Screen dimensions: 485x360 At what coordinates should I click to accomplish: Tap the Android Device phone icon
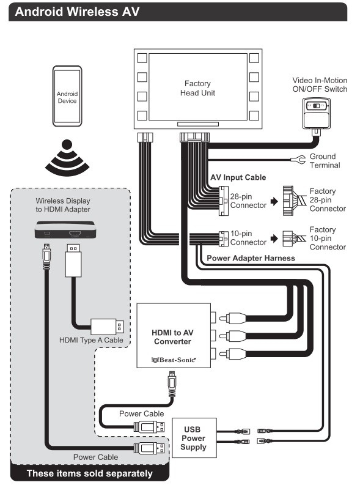click(x=67, y=98)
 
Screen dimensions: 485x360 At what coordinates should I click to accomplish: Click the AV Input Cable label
click(x=238, y=177)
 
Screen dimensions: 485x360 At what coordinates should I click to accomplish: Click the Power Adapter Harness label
click(x=251, y=258)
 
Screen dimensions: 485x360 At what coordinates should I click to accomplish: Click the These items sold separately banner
click(x=89, y=474)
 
